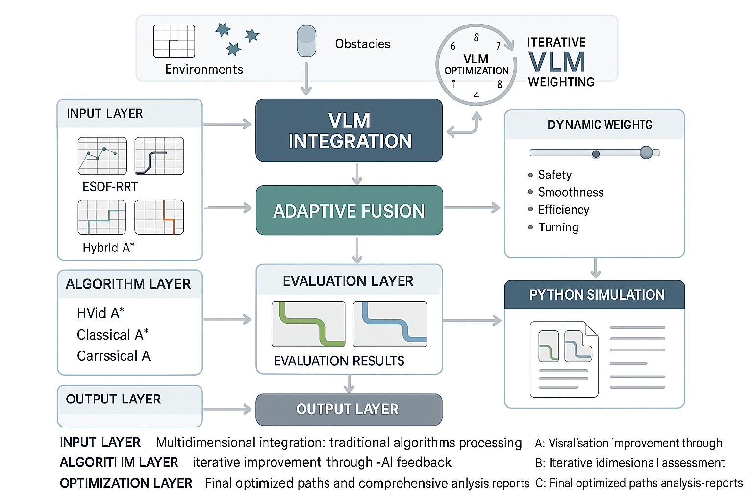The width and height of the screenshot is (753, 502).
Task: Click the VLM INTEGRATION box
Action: click(349, 131)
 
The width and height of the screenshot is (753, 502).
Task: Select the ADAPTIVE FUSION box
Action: click(349, 211)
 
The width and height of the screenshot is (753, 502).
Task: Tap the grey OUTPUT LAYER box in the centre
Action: click(349, 409)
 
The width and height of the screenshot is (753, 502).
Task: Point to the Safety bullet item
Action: click(554, 175)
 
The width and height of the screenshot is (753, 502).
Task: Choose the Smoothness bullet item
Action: click(571, 192)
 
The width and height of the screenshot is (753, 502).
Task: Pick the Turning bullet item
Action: click(558, 227)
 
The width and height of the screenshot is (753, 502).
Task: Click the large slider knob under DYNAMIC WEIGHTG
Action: click(646, 152)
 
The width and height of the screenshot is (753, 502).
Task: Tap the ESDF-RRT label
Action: click(110, 187)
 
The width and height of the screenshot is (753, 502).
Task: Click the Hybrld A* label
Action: click(108, 248)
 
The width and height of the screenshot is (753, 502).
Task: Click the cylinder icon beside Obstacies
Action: click(306, 41)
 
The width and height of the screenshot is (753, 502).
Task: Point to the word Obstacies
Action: click(363, 44)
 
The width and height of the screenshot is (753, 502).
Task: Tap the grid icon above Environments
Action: click(174, 41)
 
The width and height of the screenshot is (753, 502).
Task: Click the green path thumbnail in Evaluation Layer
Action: click(308, 324)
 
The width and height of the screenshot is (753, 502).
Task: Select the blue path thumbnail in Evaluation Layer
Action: click(390, 324)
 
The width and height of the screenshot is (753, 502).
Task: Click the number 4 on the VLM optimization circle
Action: click(476, 96)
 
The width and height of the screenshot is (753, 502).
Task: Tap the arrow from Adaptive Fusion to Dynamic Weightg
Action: click(472, 208)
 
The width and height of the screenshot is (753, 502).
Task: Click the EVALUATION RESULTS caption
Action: click(339, 361)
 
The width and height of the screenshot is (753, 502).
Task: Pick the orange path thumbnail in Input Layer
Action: click(159, 217)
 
